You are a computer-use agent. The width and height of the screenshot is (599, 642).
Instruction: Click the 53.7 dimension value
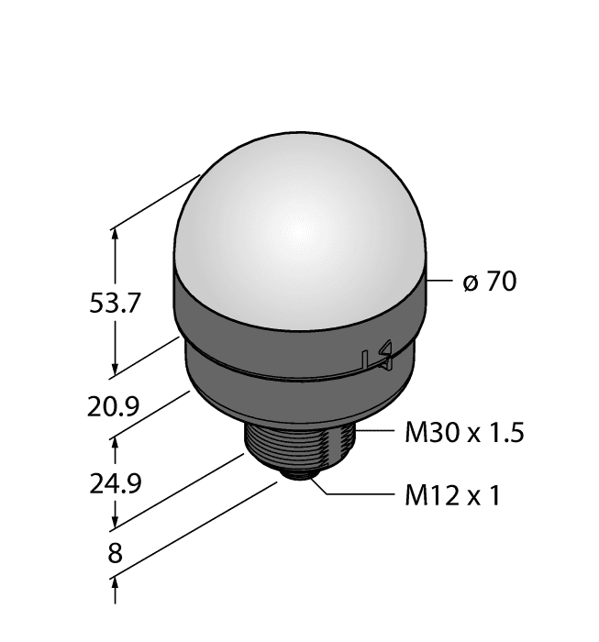pos(115,304)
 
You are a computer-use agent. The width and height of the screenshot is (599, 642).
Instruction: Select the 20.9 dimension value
pos(115,404)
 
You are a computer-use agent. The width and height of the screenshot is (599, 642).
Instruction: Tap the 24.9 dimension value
pos(115,481)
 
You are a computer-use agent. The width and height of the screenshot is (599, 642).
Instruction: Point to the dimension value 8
pos(115,554)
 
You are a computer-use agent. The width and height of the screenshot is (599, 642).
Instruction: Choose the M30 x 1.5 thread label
pos(463,433)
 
